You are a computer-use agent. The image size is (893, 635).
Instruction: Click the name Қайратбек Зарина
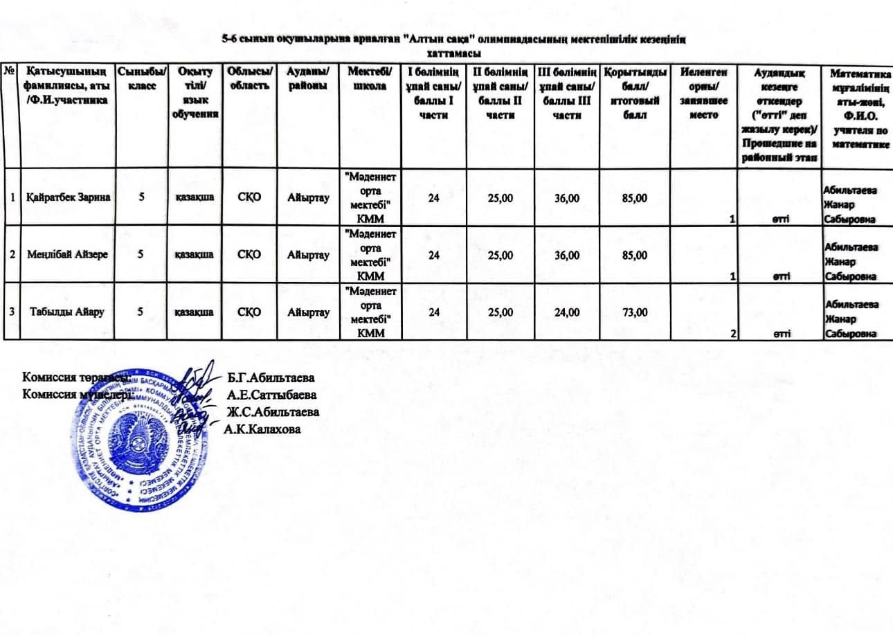[x=66, y=197]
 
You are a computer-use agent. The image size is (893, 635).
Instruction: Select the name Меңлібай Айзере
[x=66, y=254]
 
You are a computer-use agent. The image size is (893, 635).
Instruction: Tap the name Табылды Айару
[x=66, y=312]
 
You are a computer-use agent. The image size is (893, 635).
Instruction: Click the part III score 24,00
[x=567, y=312]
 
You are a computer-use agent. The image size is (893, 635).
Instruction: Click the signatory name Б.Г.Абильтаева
[x=271, y=379]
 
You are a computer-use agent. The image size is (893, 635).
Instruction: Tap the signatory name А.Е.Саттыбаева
[x=272, y=395]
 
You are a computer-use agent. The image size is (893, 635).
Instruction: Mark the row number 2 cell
[x=11, y=254]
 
